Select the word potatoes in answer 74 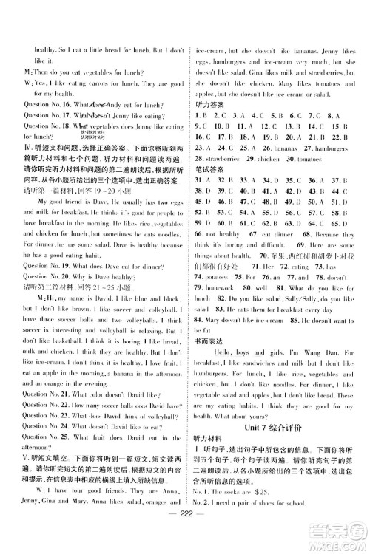(218, 276)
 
